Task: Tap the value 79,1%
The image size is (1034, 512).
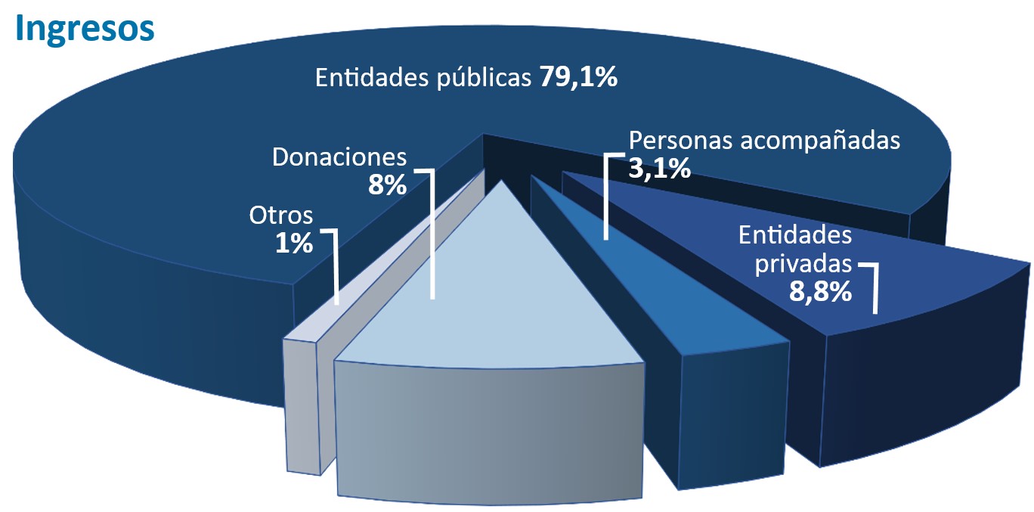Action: tap(578, 77)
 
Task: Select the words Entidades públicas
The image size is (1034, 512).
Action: tap(423, 78)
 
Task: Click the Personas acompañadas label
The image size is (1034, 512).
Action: tap(764, 141)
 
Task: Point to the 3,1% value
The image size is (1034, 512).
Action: tap(659, 169)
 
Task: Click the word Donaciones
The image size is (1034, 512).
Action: tap(339, 157)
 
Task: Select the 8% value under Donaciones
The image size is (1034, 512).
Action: tap(387, 185)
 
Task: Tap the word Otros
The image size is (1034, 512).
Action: tap(280, 216)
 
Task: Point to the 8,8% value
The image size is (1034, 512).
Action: tap(820, 291)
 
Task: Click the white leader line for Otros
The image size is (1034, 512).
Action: tap(336, 272)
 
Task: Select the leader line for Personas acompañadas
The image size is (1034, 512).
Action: tap(605, 204)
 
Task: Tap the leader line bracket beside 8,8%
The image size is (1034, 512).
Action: tap(875, 291)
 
